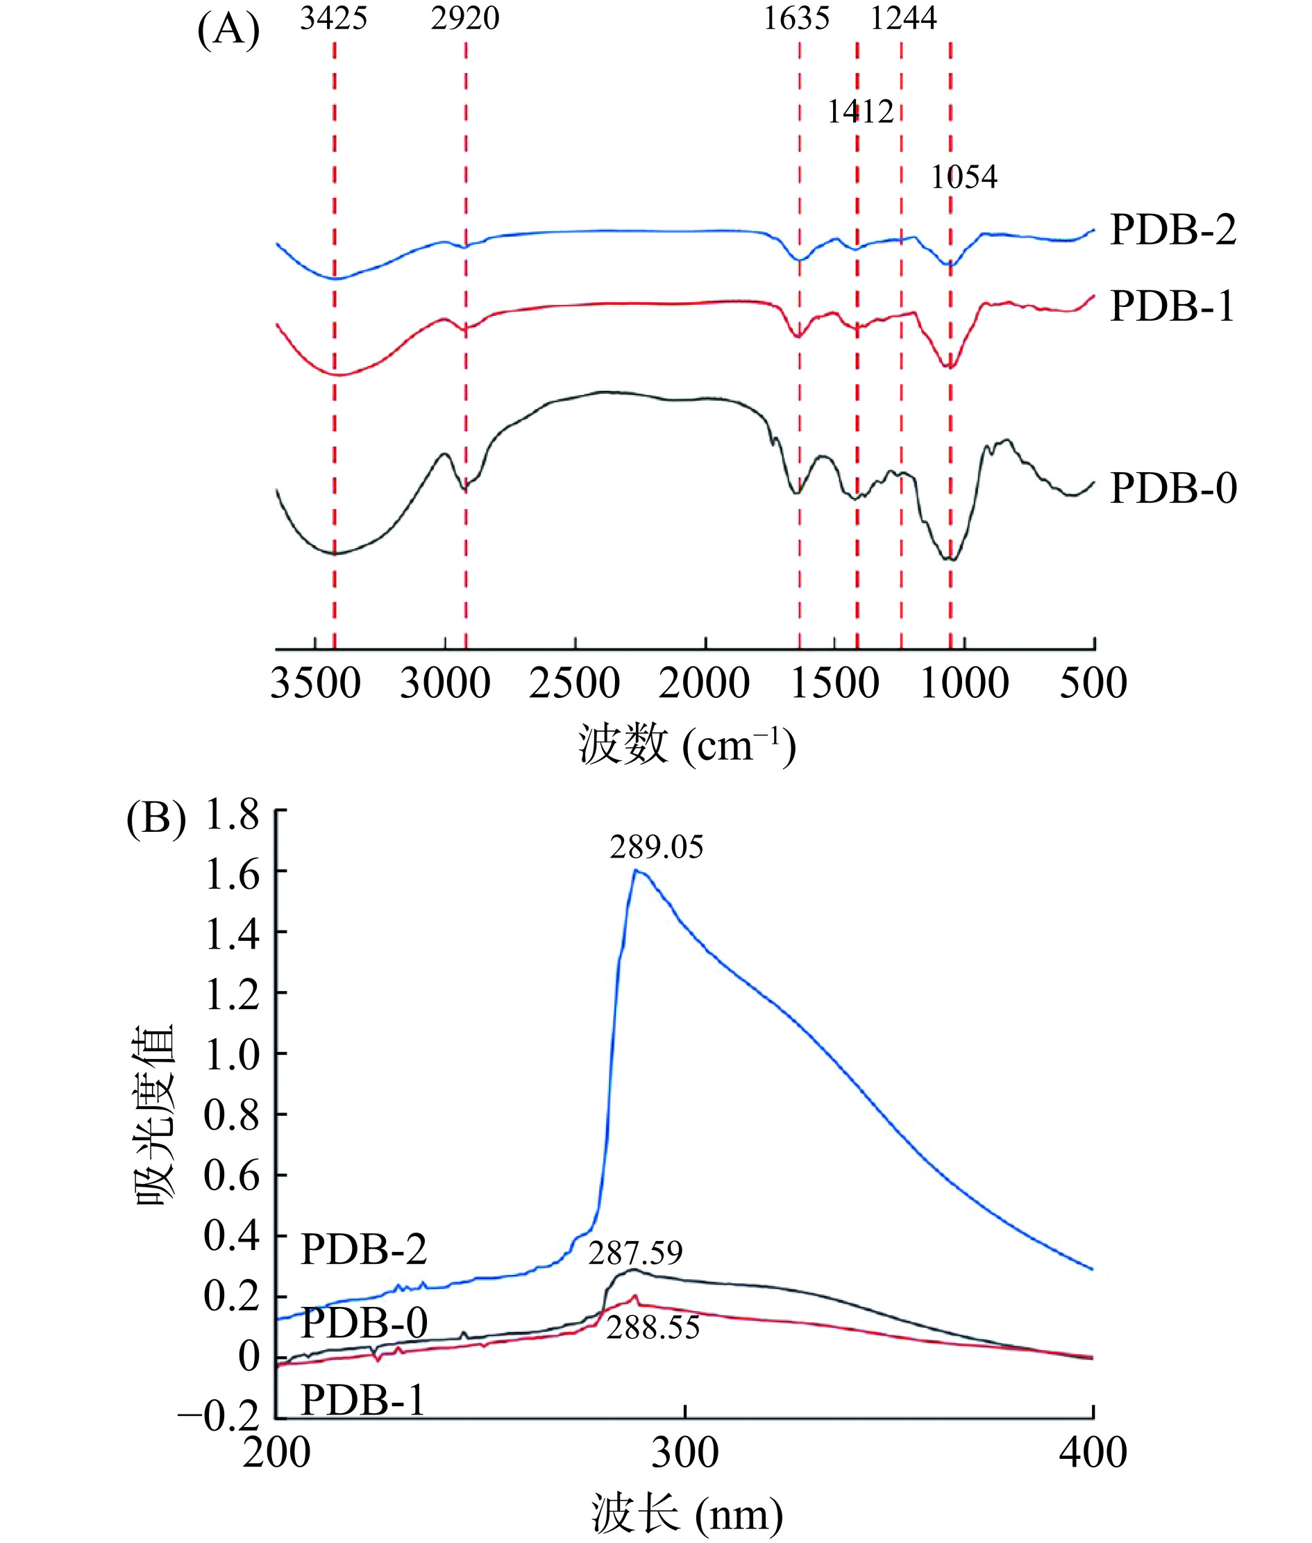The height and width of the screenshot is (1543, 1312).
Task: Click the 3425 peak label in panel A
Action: pos(333,19)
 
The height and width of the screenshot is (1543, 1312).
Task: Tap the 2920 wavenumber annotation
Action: pos(465,19)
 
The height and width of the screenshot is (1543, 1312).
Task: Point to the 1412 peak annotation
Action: pos(861,112)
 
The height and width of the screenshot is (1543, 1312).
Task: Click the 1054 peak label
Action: pos(964,177)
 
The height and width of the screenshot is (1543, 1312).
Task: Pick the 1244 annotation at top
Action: pos(903,19)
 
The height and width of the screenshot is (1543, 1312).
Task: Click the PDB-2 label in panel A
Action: pos(1173,230)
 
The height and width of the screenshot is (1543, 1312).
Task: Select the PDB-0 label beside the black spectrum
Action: pos(1173,489)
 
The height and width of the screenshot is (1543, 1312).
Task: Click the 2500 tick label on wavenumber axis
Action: pos(574,684)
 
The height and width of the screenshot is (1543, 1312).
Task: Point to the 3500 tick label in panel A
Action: pos(315,684)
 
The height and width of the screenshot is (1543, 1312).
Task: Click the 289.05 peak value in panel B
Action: pos(656,847)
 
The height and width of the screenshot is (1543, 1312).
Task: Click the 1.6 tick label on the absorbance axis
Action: pos(232,876)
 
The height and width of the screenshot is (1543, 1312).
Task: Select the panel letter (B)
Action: pos(156,821)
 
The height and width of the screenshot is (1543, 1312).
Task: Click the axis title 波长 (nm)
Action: pos(687,1514)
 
